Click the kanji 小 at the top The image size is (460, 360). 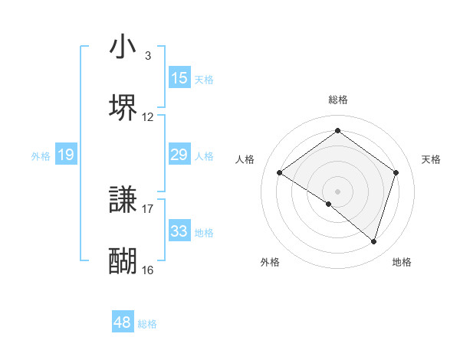coord(123,47)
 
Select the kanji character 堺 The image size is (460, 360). coord(123,107)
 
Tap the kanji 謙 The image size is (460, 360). coord(123,201)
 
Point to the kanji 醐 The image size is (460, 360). coord(123,260)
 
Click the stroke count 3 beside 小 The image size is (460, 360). coord(148,56)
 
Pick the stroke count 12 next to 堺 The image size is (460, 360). coord(148,117)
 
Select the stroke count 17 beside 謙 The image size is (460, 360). coord(148,208)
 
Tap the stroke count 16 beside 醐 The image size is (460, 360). coord(148,270)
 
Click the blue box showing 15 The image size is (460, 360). coord(179,78)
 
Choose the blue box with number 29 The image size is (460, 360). coord(179,155)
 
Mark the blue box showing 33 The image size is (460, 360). coord(179,231)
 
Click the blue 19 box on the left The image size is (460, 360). coord(66,155)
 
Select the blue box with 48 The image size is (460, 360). coord(123,323)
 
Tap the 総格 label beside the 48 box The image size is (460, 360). coord(147,324)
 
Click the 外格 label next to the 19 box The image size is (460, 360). coord(41,156)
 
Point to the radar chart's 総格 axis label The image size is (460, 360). coord(337,100)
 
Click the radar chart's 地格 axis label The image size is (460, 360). coord(402,262)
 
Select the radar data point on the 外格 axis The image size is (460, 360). coord(329,204)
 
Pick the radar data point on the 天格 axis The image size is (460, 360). coord(396,173)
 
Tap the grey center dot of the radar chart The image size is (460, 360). coord(337,191)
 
